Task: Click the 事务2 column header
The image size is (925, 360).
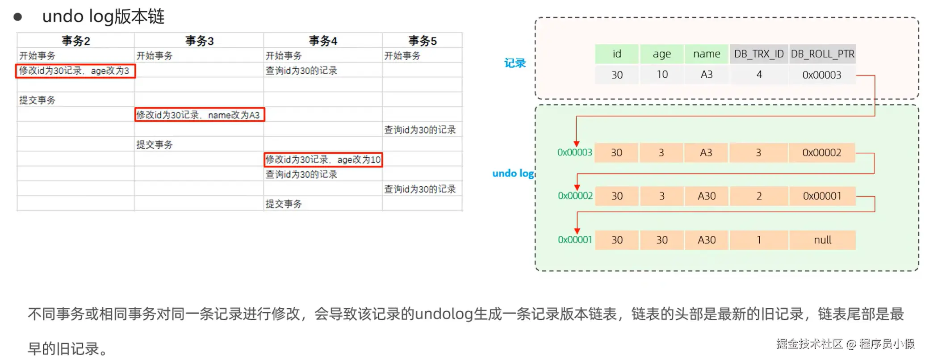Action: [x=76, y=41]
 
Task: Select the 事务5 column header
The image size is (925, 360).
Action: [x=422, y=41]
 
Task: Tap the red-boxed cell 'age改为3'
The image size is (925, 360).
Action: [x=75, y=71]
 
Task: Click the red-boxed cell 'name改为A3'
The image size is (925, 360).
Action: [x=199, y=115]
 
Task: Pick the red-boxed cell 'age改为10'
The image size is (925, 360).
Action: [x=323, y=159]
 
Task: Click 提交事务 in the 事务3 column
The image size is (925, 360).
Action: [x=155, y=145]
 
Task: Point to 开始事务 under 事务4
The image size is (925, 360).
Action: [x=284, y=56]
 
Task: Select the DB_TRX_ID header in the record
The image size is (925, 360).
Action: [x=758, y=54]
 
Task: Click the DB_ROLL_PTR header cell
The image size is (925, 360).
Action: [x=822, y=54]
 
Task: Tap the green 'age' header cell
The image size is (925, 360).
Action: [x=661, y=54]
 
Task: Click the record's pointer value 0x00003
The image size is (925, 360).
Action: [x=821, y=75]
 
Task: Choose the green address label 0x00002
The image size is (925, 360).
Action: [x=575, y=196]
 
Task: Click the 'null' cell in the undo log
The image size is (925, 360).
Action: [x=822, y=240]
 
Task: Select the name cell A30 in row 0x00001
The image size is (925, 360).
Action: [x=706, y=240]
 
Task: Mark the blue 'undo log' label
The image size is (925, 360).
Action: [x=513, y=173]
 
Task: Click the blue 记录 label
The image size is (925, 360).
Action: [x=515, y=63]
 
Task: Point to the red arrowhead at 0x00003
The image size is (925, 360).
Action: [x=577, y=143]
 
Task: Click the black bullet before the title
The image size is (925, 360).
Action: [x=18, y=17]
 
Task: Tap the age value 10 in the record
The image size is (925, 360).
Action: [x=662, y=75]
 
